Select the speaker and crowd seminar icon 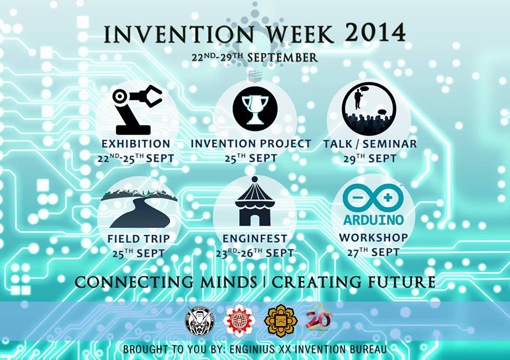(369, 108)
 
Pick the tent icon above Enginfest (254, 201)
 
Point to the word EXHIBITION (136, 143)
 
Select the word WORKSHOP (373, 237)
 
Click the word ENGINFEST (255, 238)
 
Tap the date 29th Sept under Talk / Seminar (370, 158)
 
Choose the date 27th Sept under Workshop (373, 252)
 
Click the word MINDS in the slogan (228, 281)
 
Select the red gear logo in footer (239, 321)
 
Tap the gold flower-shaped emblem (280, 321)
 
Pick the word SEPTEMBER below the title (282, 57)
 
